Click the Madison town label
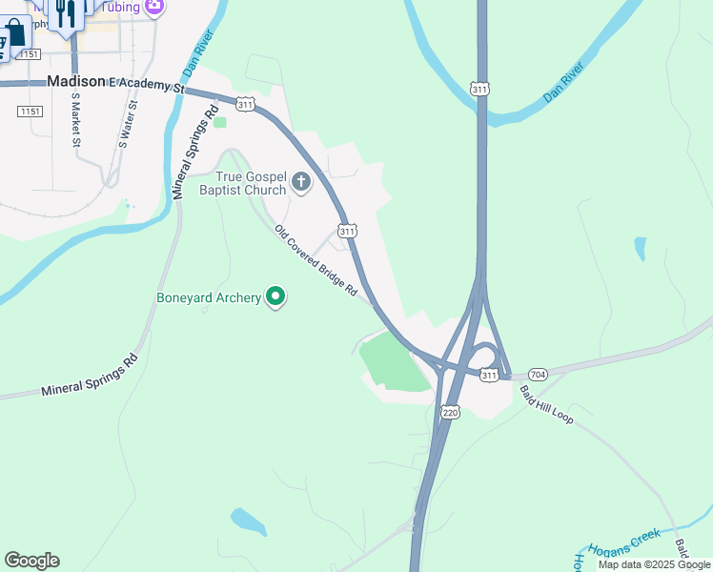[x=75, y=83]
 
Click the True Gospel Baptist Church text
[x=252, y=183]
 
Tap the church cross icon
[x=301, y=182]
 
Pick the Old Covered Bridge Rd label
[x=315, y=259]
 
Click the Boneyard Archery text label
[x=209, y=297]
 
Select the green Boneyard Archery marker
[x=276, y=297]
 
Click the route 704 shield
[x=537, y=374]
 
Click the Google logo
[x=31, y=560]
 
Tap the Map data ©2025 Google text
[x=654, y=564]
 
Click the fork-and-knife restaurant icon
[x=66, y=13]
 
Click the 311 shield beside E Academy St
[x=246, y=104]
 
